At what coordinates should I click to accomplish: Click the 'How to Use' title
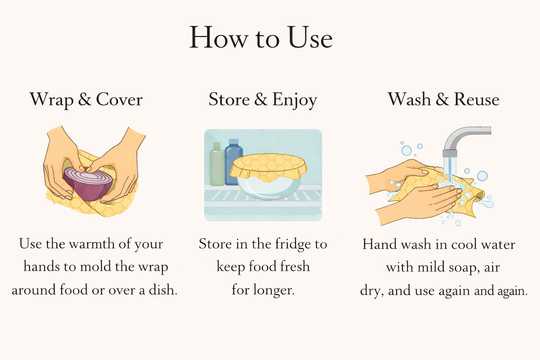[261, 38]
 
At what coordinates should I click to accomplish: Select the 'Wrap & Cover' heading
[86, 100]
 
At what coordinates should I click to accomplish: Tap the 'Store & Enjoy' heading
[263, 100]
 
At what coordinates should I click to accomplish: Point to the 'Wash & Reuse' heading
[443, 99]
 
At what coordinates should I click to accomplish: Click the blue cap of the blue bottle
[234, 141]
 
